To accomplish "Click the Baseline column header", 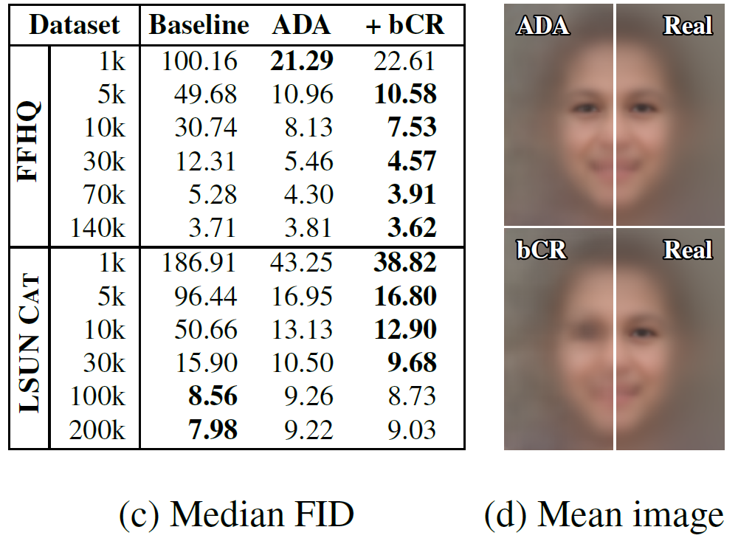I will click(199, 25).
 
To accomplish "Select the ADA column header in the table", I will click(303, 25).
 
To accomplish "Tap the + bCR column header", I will click(405, 25).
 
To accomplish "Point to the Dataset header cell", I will click(75, 25).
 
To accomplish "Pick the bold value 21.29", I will click(303, 61).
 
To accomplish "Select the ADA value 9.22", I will click(308, 430).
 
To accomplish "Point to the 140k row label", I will click(98, 227).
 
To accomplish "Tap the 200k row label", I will click(98, 430).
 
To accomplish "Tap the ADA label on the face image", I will click(542, 26).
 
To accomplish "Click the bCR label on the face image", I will click(542, 250).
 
